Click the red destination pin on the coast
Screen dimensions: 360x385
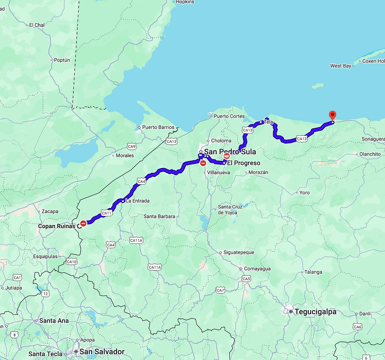332,115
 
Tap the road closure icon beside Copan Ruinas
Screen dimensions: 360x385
83,223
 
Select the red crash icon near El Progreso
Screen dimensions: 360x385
227,156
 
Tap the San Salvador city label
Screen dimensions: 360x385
102,351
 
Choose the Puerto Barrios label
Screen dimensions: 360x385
158,127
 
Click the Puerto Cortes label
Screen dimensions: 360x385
229,116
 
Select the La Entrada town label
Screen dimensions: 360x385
137,201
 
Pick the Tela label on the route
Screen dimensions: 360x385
268,122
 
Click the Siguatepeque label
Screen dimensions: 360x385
238,252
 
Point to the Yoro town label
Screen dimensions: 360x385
304,193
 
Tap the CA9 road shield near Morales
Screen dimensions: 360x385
131,147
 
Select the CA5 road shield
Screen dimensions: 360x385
246,279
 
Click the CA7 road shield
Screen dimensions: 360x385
220,291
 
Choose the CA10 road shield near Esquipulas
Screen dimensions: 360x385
71,262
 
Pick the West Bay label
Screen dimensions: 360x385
341,66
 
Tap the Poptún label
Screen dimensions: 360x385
62,60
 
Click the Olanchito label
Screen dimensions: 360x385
370,154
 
